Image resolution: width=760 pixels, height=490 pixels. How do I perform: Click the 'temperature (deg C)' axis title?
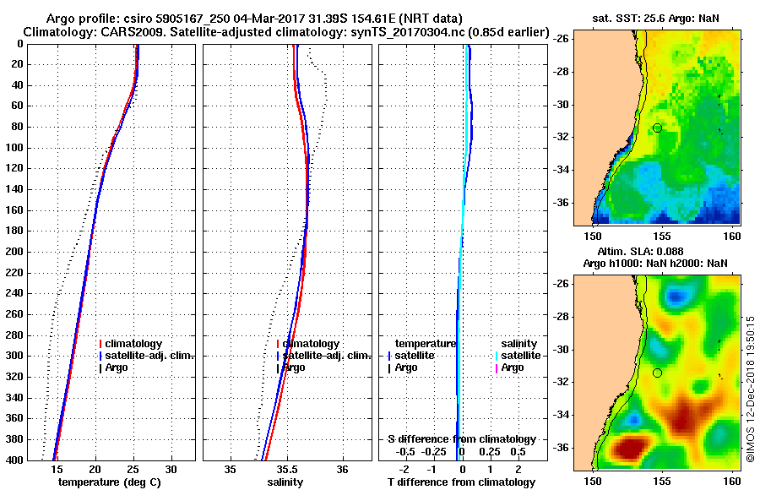click(x=109, y=482)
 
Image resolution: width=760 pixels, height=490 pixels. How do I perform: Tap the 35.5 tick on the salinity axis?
click(x=287, y=469)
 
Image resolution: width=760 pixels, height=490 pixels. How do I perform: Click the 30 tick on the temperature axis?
click(x=171, y=469)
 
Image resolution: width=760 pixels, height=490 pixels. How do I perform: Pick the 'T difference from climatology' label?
click(x=461, y=482)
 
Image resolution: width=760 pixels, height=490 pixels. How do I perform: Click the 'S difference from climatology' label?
click(x=461, y=439)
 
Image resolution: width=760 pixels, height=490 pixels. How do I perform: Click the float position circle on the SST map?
click(x=657, y=128)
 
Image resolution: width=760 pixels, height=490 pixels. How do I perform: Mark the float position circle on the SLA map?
click(x=657, y=373)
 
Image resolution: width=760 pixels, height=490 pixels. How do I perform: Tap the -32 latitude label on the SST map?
click(x=560, y=137)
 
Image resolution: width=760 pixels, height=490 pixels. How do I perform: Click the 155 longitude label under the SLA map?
click(x=661, y=480)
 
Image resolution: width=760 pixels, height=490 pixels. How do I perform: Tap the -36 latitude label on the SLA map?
click(x=560, y=448)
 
